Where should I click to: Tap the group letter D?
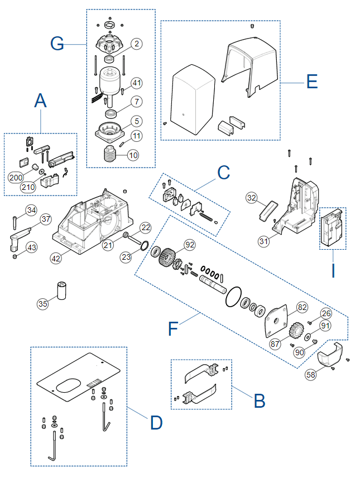(x=156, y=423)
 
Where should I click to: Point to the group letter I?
(x=333, y=270)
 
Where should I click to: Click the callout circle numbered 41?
(x=137, y=83)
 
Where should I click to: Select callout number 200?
(x=16, y=178)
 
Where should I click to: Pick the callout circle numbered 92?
(x=190, y=245)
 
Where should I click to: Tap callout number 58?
(x=311, y=374)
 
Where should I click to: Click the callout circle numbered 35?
(x=43, y=304)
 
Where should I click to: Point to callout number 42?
(x=56, y=259)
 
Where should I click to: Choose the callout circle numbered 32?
(x=252, y=198)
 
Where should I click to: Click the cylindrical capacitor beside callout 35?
(x=62, y=291)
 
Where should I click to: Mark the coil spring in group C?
(x=206, y=217)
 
